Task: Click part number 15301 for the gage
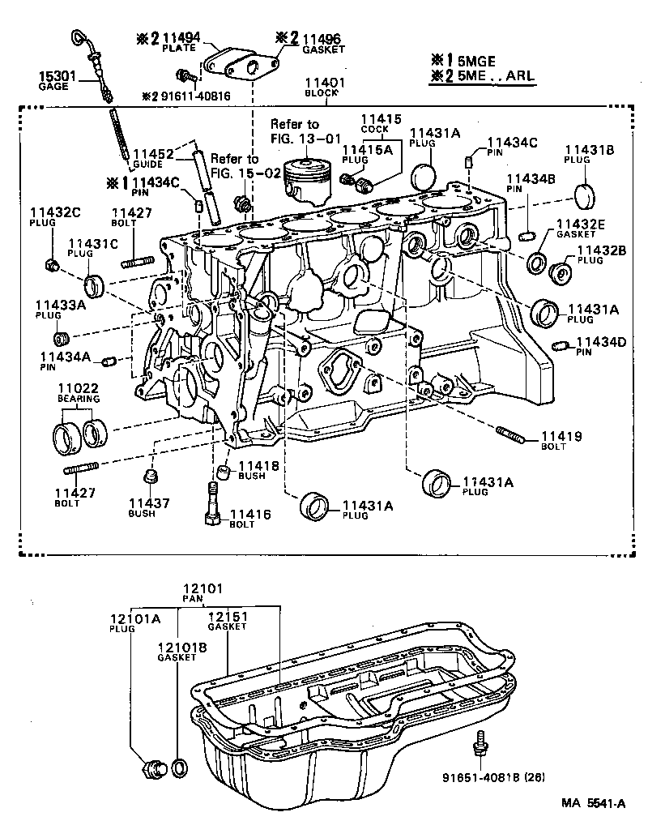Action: click(x=58, y=77)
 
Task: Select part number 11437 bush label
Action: click(x=148, y=503)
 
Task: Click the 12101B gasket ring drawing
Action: click(x=181, y=767)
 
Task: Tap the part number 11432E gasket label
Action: click(x=580, y=223)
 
